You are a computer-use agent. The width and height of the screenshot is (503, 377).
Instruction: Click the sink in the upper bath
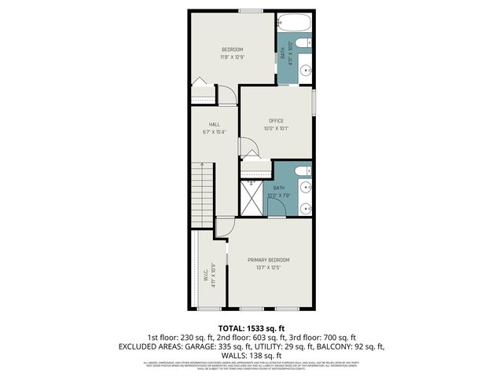tap(306, 70)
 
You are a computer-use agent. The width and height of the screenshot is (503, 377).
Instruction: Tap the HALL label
tap(214, 124)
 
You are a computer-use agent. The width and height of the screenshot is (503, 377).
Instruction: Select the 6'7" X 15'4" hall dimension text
tap(214, 132)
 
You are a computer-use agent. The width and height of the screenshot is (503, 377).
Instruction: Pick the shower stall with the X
tap(252, 198)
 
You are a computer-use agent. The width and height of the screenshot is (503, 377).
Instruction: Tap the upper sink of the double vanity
tap(306, 187)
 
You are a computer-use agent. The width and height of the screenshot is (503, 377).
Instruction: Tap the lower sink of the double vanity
tap(306, 207)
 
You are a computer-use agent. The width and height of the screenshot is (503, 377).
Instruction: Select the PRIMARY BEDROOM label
tap(269, 260)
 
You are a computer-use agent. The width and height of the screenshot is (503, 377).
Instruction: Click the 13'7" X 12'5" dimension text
tap(269, 268)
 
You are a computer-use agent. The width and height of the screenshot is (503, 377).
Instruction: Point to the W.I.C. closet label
tap(205, 275)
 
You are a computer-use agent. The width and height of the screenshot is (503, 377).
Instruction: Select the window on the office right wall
tap(314, 103)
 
